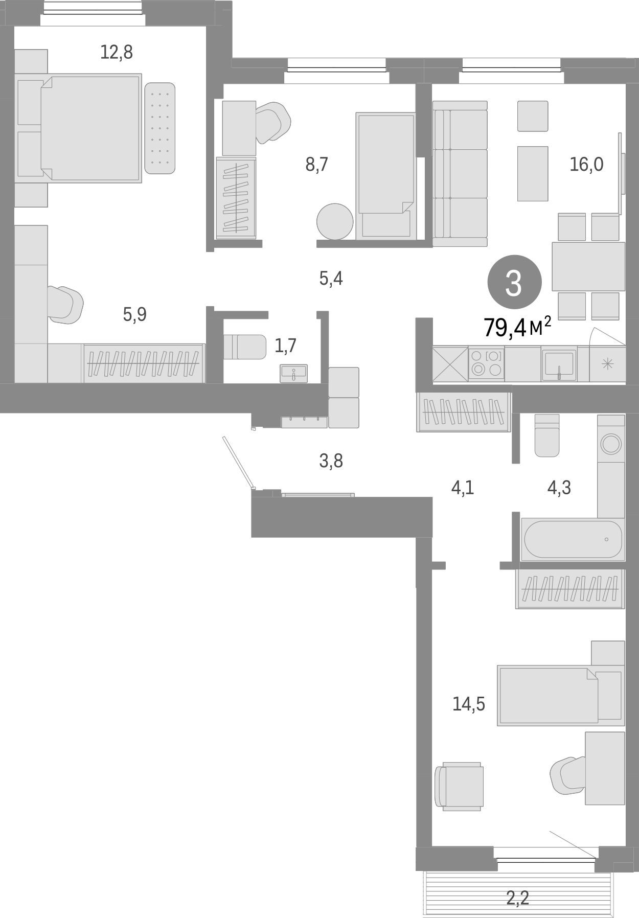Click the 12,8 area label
pos(117,52)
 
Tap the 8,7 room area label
pos(317,165)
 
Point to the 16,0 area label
pos(586,165)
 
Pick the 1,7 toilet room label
pos(285,346)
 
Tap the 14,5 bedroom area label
pos(469,704)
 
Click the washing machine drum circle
pos(611,443)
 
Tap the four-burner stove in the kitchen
pos(487,363)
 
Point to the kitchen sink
pos(559,364)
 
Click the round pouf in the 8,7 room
pos(335,221)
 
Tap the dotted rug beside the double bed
pos(159,128)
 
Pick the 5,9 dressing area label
pos(134,314)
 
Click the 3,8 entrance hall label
pos(331,461)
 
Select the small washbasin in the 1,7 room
pos(294,373)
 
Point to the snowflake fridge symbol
pos(607,364)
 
